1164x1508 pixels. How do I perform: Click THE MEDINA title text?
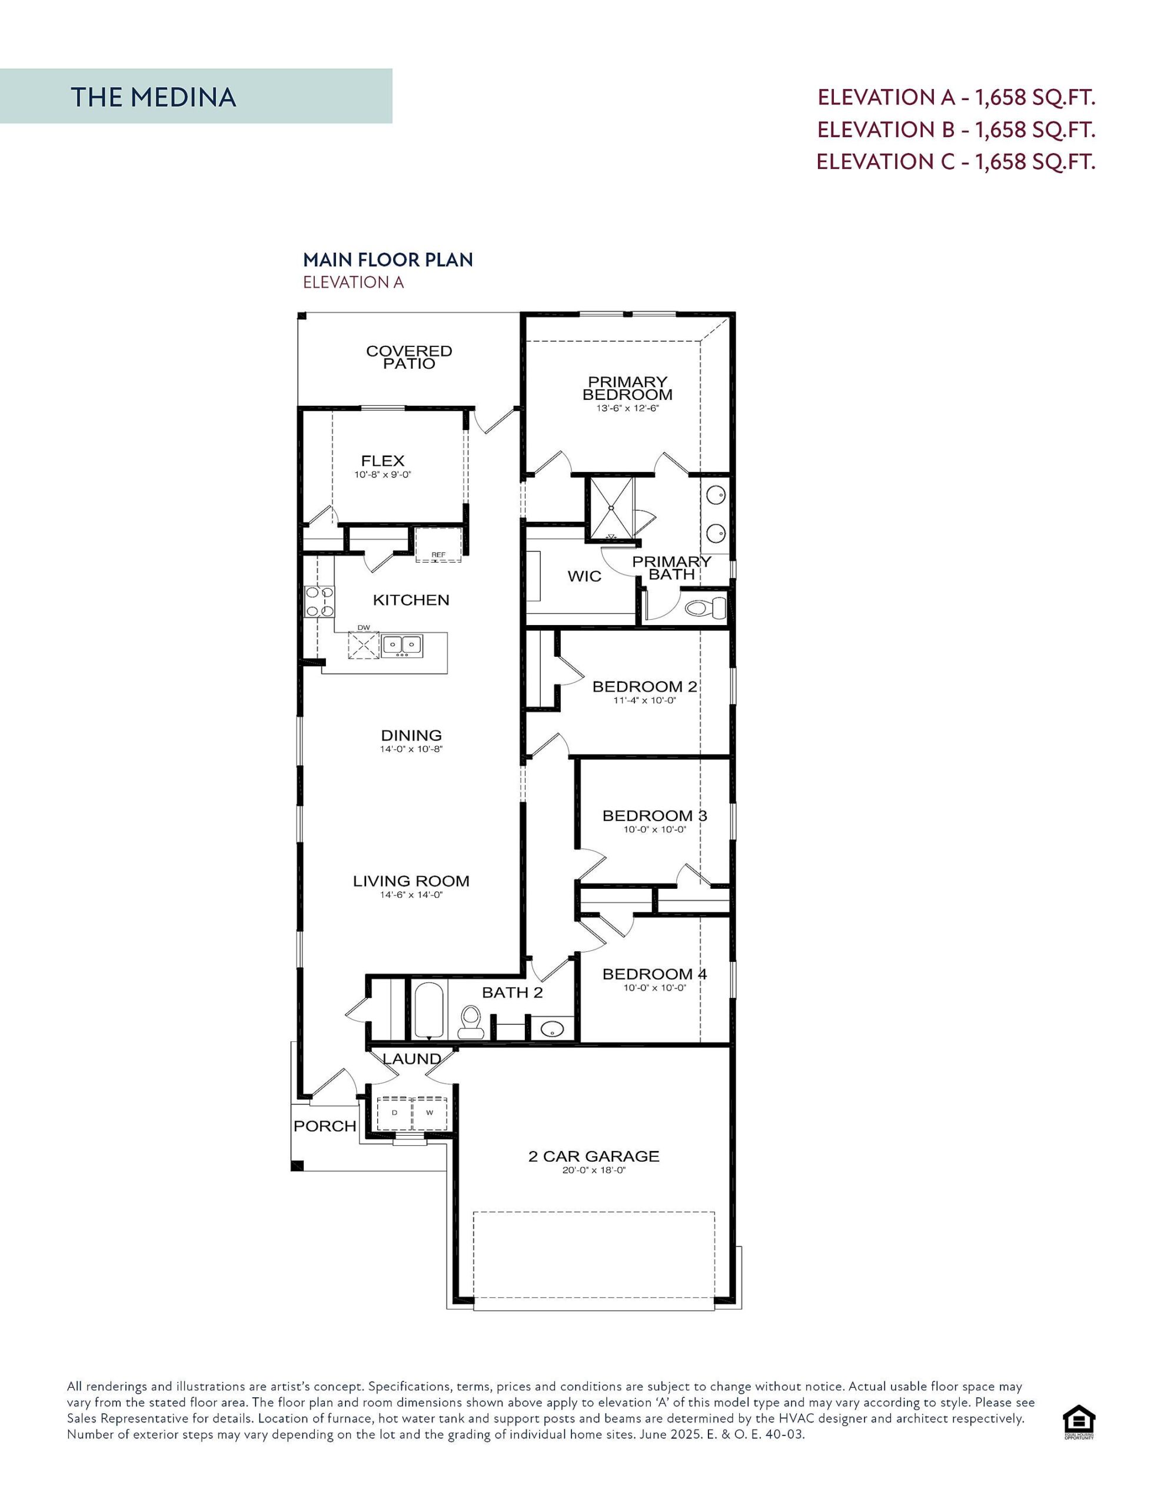coord(153,97)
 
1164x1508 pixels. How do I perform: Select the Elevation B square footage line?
coord(956,129)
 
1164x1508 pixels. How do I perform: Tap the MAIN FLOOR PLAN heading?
coord(388,260)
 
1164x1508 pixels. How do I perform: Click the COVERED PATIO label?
coord(409,357)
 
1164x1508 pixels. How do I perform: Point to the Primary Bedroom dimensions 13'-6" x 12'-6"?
coord(627,408)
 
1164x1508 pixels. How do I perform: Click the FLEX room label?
coord(383,461)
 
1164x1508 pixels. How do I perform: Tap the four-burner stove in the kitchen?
coord(320,601)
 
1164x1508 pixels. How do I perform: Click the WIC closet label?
coord(584,576)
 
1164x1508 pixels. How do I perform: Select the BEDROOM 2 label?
coord(644,686)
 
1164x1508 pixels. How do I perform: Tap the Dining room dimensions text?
coord(411,749)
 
